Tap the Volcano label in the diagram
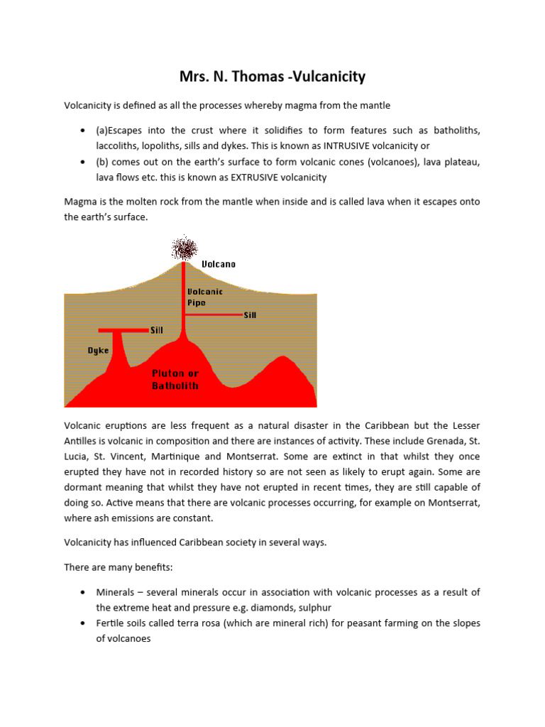point(219,263)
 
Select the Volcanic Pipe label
point(204,297)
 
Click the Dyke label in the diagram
point(98,350)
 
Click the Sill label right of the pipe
point(250,315)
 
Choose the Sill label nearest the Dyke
point(156,330)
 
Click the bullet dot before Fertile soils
point(84,623)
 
